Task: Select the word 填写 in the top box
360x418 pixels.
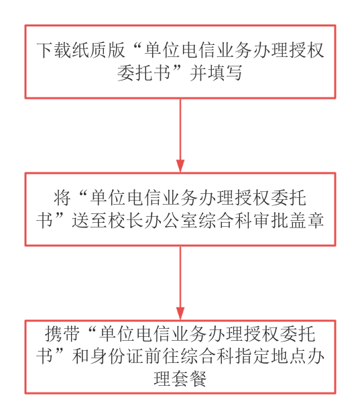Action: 225,72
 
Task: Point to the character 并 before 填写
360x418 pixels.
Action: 198,72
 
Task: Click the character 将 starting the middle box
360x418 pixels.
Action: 62,198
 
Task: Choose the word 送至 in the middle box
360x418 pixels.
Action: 89,220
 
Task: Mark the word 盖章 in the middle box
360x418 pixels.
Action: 307,220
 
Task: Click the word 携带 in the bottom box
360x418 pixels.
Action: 62,333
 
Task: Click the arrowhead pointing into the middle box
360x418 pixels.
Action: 180,166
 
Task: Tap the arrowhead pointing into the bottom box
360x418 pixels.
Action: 180,313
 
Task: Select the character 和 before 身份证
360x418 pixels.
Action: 80,356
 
